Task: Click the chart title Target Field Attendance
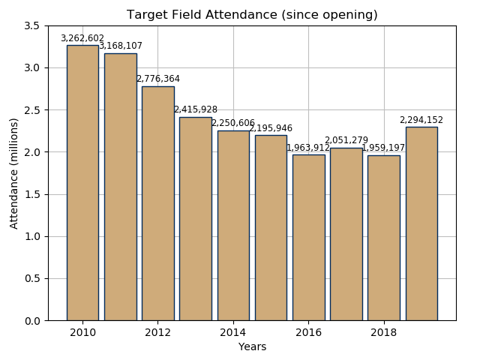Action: point(252,15)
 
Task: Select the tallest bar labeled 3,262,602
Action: point(82,183)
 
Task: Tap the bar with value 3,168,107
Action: point(120,187)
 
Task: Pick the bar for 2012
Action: point(157,203)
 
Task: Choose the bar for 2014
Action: point(233,226)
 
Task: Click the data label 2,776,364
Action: point(157,79)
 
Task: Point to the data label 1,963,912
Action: point(308,148)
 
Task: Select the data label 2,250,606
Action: point(233,123)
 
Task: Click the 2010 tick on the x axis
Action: point(82,332)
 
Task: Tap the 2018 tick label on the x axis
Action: point(383,332)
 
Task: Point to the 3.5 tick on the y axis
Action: point(32,25)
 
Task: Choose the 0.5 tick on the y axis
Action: point(32,278)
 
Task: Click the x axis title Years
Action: point(252,346)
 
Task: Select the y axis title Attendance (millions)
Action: point(14,173)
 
